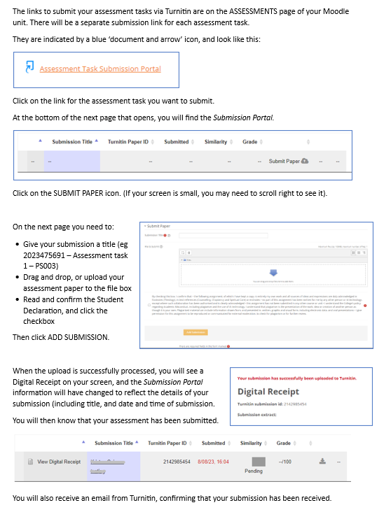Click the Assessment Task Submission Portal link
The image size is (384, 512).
tap(100, 69)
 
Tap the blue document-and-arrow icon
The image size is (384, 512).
tap(30, 68)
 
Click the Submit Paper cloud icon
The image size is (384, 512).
tap(304, 162)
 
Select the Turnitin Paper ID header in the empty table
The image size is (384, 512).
tap(128, 142)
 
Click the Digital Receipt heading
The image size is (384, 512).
tap(268, 392)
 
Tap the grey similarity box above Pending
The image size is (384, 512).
tap(258, 462)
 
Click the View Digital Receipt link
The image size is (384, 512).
tap(59, 462)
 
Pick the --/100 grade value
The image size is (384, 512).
tap(285, 462)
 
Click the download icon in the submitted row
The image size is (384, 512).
tap(322, 462)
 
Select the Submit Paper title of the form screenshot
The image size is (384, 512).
tap(158, 226)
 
